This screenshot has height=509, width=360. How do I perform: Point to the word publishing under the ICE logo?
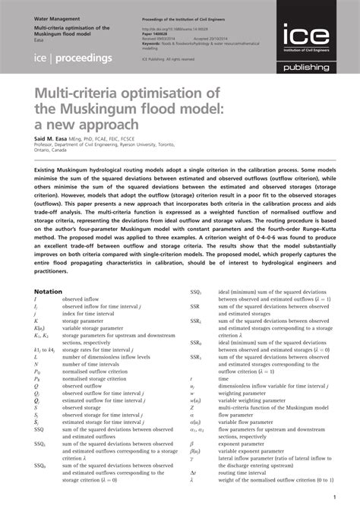pos(313,68)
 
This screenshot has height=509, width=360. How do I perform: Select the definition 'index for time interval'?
pos(91,313)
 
